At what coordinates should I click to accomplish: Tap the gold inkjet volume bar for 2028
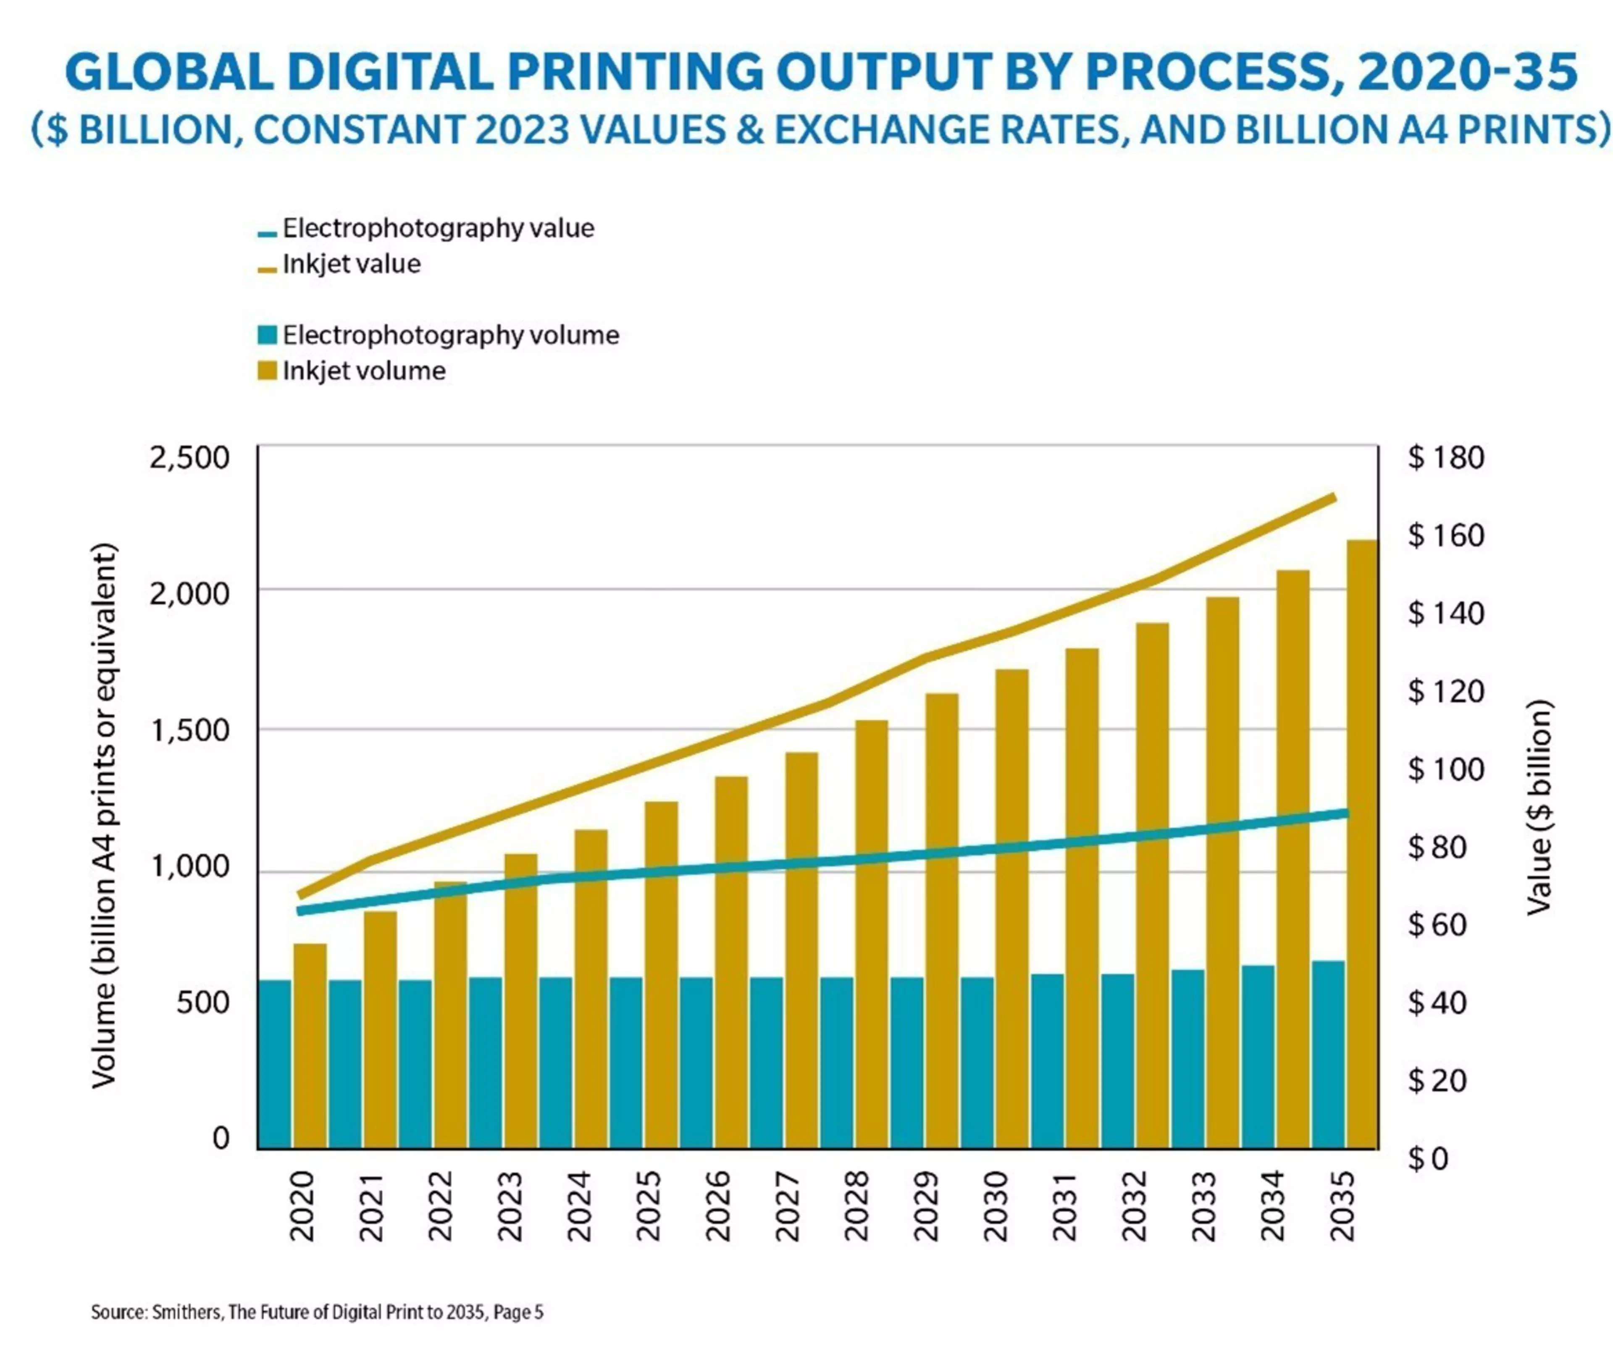click(871, 934)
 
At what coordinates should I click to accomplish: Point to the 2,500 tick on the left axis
click(189, 457)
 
